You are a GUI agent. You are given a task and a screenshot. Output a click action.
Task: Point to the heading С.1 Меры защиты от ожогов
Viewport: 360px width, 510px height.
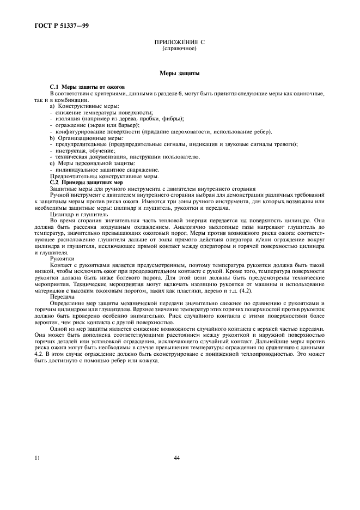tap(88, 87)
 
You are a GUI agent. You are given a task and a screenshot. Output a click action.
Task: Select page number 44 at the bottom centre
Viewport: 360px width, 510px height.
tap(177, 458)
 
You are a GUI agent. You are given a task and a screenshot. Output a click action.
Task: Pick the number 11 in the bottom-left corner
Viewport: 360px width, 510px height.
tap(36, 458)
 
